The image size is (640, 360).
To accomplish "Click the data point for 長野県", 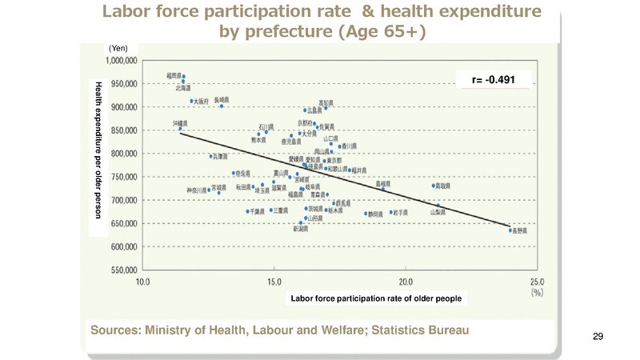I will coord(510,230).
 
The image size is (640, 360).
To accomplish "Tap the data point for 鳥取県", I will coord(434,186).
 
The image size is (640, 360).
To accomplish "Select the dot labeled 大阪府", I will coord(192,101).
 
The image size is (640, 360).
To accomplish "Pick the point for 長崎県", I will coord(222,106).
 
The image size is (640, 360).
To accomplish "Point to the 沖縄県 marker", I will coord(180,128).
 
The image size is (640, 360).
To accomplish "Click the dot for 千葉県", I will coord(248,211).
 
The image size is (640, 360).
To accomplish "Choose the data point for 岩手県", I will coord(391,212).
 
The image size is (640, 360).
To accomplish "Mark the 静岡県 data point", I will coord(366,214).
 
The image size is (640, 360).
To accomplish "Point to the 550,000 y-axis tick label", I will coord(122,270).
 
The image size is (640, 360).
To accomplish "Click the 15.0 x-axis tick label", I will coord(274,282).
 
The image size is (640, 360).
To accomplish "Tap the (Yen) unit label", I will coord(118,49).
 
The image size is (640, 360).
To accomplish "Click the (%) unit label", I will coord(538,293).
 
